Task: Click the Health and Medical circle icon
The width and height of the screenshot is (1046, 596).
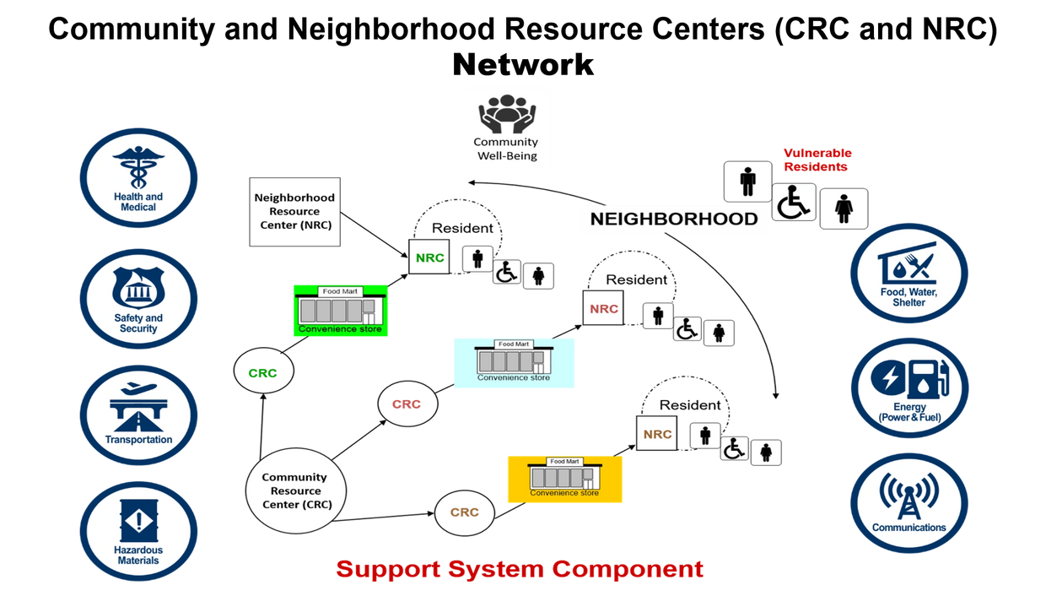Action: coord(139,177)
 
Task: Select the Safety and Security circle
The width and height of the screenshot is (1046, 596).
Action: coord(139,299)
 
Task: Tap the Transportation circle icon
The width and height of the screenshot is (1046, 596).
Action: coord(139,414)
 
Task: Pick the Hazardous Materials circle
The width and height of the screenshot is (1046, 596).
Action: coord(139,531)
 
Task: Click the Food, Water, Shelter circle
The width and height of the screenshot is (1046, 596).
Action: coord(909,273)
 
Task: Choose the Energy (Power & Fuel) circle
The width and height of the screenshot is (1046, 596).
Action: coord(909,387)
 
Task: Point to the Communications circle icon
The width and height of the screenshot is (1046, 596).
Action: coord(909,502)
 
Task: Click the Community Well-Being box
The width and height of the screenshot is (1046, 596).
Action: coord(506,128)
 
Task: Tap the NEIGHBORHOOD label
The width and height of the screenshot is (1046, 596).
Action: coord(673,219)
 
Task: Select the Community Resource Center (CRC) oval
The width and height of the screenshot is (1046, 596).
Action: coord(296,490)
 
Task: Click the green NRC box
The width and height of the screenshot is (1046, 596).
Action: coord(429,257)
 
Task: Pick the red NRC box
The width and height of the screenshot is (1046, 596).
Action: coord(603,308)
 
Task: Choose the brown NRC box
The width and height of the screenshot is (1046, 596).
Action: coord(656,434)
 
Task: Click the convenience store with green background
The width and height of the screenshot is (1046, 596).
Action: coord(341,311)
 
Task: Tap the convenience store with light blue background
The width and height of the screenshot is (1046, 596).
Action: coord(514,362)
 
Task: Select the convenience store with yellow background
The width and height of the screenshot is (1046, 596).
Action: coord(564,479)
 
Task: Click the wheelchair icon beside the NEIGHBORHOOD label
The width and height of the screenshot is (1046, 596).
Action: coord(794,203)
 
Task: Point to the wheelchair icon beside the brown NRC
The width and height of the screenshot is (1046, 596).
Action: coord(735,448)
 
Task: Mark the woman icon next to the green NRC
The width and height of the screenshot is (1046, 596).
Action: coord(538,276)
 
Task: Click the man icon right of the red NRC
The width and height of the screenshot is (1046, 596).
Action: coord(658,316)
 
